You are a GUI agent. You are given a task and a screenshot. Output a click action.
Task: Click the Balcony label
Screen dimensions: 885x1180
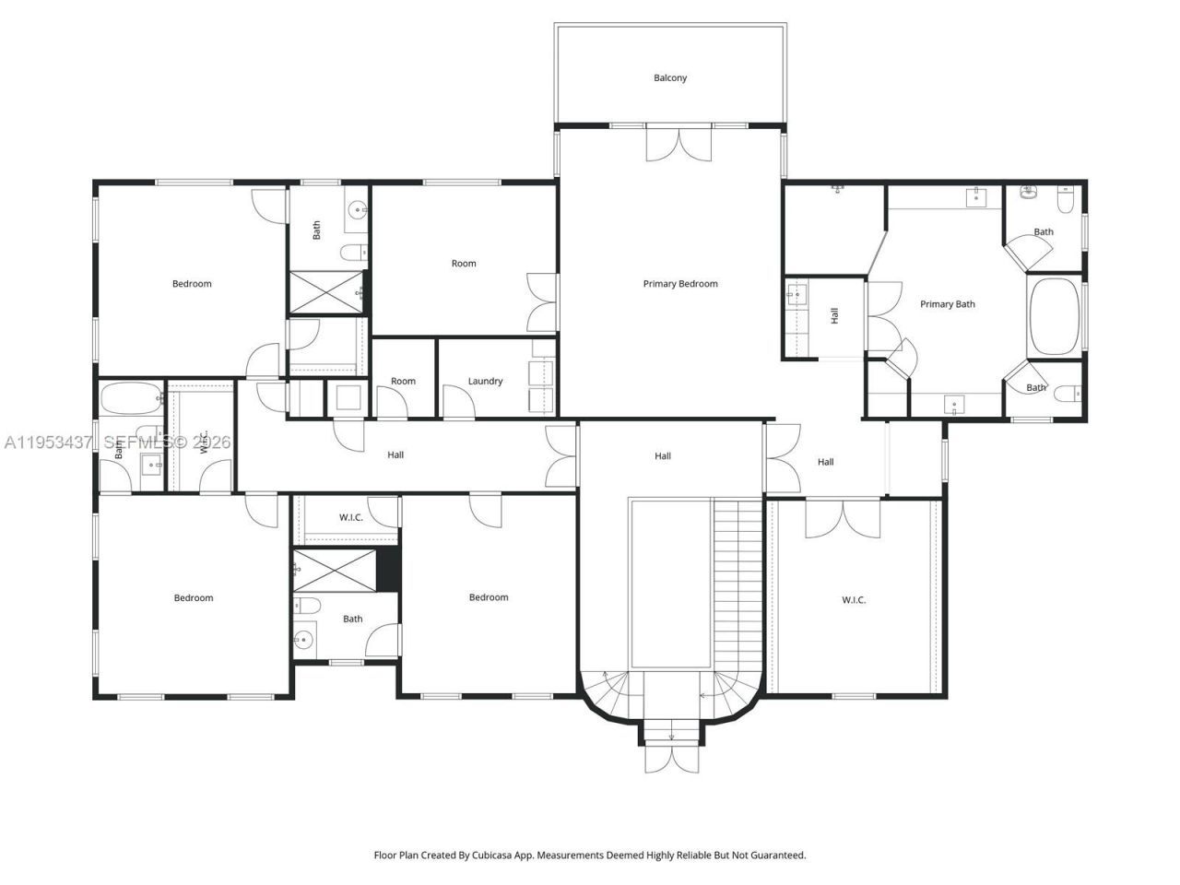click(x=670, y=78)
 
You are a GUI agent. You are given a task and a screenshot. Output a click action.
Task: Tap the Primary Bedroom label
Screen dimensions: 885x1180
click(x=679, y=284)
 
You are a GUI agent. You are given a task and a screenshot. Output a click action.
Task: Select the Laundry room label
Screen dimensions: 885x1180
click(x=485, y=382)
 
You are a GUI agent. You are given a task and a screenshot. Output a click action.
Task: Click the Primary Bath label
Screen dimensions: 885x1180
click(x=947, y=304)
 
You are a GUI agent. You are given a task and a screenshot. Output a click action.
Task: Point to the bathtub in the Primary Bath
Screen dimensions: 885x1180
click(x=1054, y=316)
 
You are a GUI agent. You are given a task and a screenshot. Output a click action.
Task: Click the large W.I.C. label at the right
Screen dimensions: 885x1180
click(x=854, y=600)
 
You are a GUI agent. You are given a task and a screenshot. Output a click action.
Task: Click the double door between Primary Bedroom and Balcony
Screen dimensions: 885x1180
click(x=679, y=146)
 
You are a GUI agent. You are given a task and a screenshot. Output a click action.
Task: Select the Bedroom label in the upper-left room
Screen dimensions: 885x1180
click(x=192, y=284)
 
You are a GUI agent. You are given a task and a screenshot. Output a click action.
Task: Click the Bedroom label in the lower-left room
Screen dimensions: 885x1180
click(x=194, y=598)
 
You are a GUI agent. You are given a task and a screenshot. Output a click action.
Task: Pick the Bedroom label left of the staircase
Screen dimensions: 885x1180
click(x=489, y=597)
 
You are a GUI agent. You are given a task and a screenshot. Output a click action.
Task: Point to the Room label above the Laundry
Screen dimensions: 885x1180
click(x=464, y=264)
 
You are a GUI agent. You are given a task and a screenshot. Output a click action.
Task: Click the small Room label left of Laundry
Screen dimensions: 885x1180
click(x=403, y=382)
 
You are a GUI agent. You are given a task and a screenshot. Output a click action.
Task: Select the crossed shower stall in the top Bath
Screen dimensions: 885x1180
click(x=326, y=292)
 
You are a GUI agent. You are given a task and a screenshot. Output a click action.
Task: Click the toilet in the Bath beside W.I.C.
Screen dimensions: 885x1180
click(x=310, y=605)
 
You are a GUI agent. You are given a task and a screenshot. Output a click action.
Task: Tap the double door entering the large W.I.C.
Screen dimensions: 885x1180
click(x=843, y=519)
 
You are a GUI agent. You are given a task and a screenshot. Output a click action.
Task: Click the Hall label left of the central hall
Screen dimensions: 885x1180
click(x=395, y=454)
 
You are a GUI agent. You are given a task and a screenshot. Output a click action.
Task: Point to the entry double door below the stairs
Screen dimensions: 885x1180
click(x=671, y=758)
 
